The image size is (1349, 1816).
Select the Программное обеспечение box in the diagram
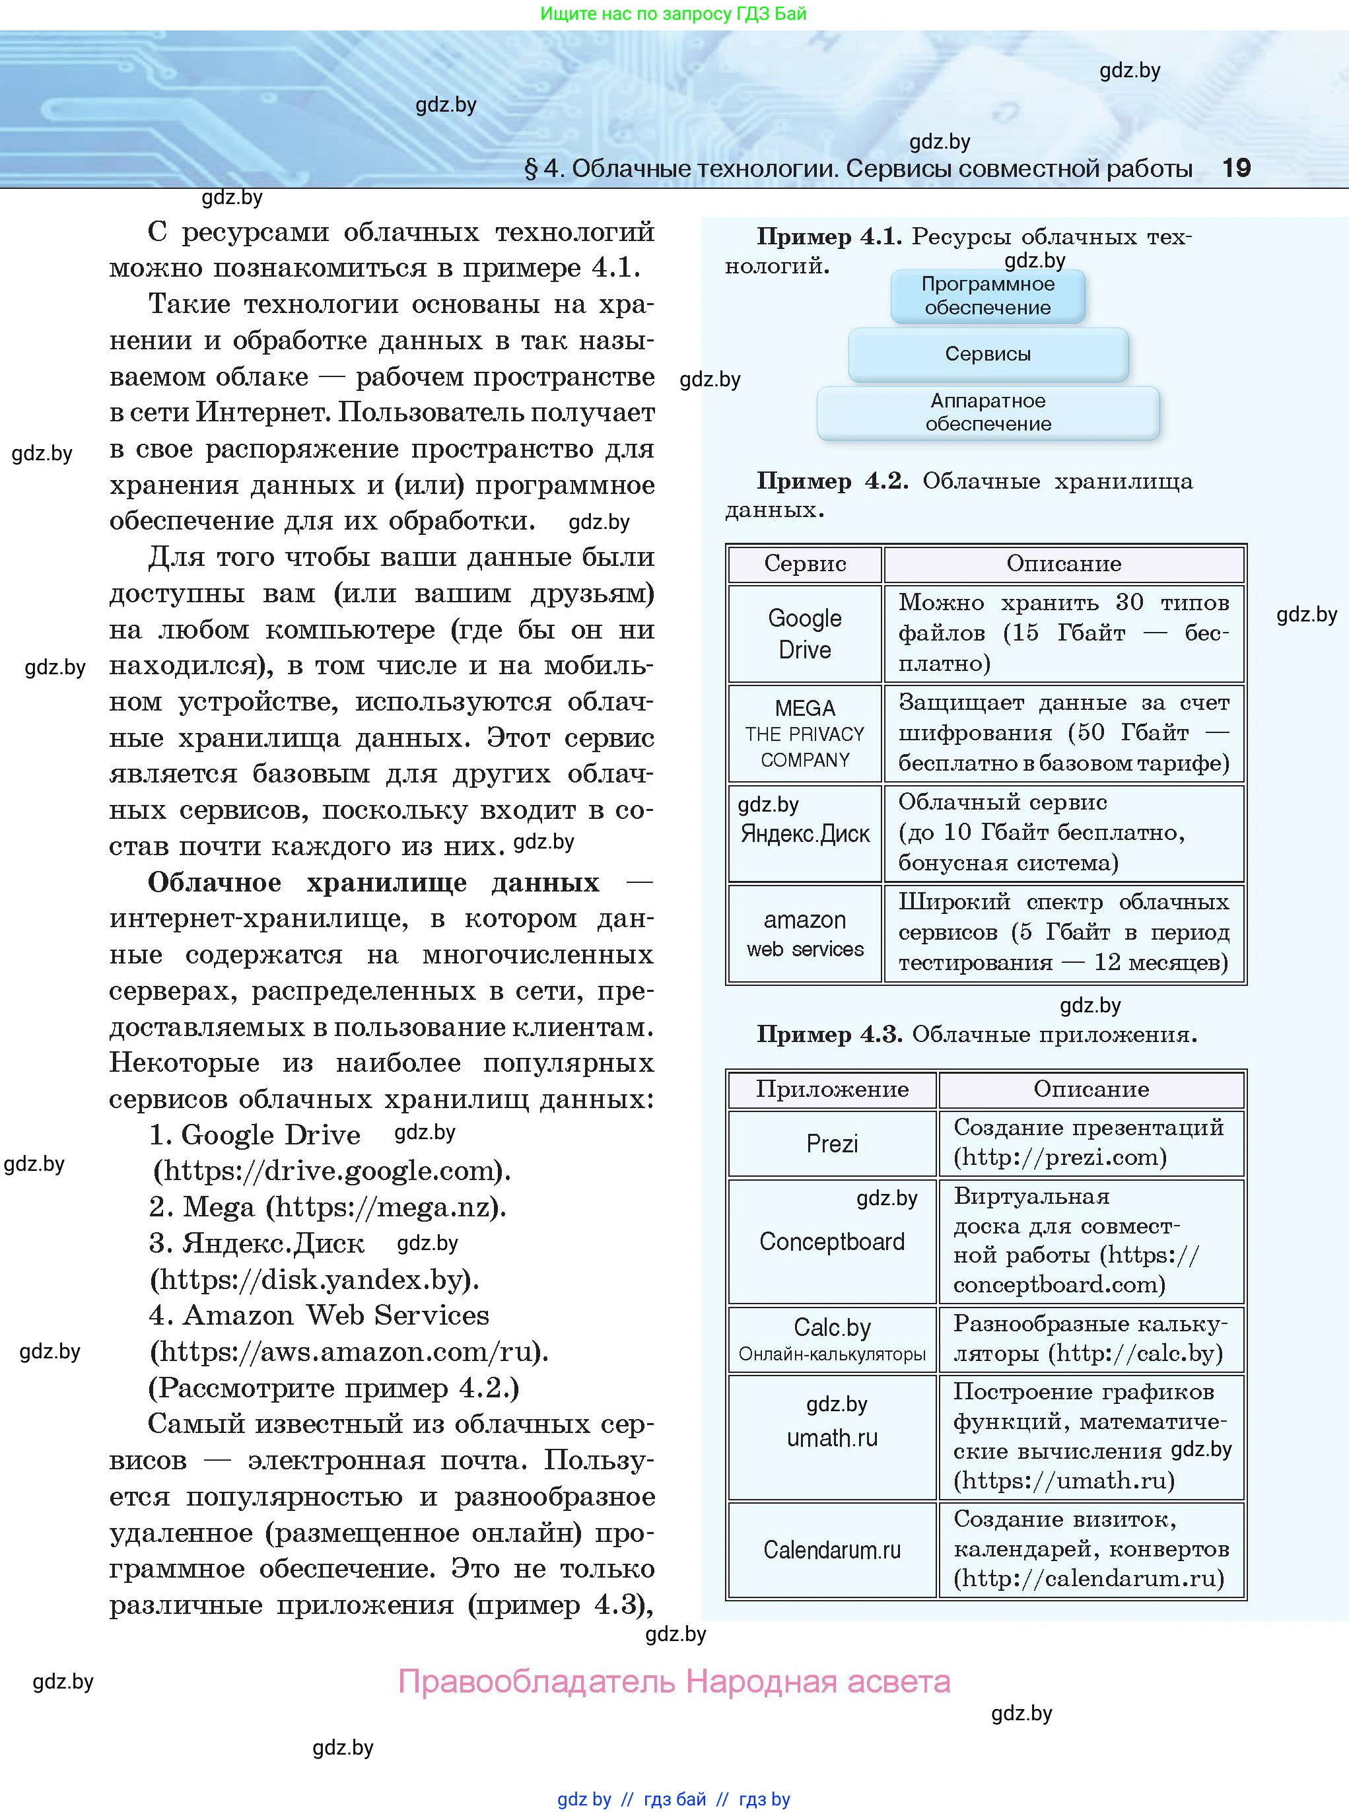(x=987, y=296)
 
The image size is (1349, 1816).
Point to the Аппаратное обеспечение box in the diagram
(x=987, y=412)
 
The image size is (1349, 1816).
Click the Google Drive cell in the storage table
(x=804, y=634)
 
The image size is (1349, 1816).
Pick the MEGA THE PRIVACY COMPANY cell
(x=804, y=733)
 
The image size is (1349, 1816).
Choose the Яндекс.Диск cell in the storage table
(x=804, y=833)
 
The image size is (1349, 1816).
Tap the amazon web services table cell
(x=804, y=933)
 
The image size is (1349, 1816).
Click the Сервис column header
(x=804, y=563)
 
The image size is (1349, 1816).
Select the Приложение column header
(x=831, y=1090)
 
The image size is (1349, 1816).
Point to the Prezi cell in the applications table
(x=831, y=1143)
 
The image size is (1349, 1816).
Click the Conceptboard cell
(x=831, y=1241)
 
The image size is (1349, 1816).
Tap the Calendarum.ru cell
(x=831, y=1550)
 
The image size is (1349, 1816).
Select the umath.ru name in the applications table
(x=831, y=1438)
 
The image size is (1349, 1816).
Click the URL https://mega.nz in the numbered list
(x=384, y=1207)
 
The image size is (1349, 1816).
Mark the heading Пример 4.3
(x=828, y=1035)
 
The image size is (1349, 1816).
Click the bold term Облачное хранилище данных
(x=373, y=883)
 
